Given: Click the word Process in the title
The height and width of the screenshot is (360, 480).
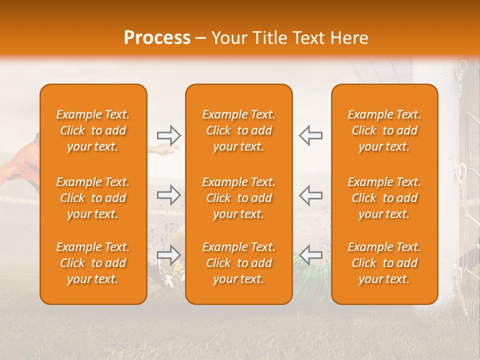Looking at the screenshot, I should tap(157, 37).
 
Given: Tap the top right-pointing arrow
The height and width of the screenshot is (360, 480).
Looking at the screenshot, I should tap(168, 135).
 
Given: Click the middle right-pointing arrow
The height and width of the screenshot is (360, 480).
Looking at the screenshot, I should tap(168, 195).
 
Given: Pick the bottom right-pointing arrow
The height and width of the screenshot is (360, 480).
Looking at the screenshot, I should tap(168, 255).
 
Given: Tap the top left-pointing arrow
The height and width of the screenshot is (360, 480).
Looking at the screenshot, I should tap(310, 135).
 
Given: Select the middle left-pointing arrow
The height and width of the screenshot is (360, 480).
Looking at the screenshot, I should tap(310, 195).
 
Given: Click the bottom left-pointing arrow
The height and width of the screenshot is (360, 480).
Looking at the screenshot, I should tap(310, 255).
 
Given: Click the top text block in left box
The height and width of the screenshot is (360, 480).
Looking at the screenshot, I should tap(93, 130).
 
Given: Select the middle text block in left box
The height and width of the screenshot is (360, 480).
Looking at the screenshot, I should tap(93, 198).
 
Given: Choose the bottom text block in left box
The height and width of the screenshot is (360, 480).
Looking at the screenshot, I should tap(93, 263).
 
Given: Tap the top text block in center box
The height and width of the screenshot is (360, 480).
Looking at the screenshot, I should tap(238, 130).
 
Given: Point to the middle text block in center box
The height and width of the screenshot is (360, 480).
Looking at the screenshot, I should tap(238, 198).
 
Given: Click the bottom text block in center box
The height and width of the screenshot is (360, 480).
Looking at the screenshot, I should tap(238, 263).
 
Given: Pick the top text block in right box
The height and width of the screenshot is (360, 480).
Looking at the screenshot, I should tap(384, 130).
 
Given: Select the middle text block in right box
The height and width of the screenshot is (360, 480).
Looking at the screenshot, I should tap(384, 198).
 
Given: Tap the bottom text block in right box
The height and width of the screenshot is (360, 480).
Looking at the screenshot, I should tap(384, 263).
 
